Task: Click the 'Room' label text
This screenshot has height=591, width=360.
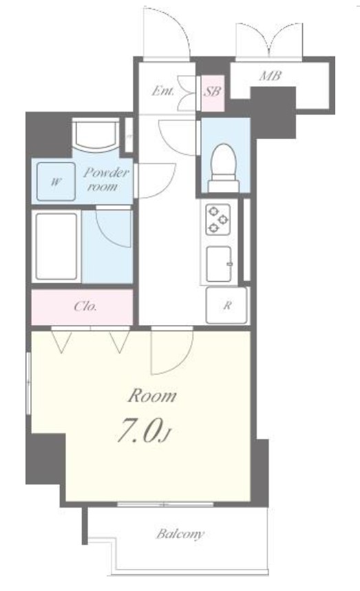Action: pos(152,397)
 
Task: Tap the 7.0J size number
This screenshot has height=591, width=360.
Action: pos(144,430)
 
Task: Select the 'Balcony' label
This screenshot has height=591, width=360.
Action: pos(180,534)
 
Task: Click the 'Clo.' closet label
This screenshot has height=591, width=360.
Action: pos(85,306)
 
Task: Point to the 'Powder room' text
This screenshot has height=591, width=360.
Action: pos(106,179)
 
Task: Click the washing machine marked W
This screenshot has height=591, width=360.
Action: pos(56,182)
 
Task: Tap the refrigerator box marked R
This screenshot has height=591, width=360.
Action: pos(226,305)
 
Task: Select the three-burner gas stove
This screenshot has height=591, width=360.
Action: pos(218,219)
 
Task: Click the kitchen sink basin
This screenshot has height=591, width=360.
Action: pos(219,263)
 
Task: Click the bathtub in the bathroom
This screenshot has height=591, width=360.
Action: pos(56,247)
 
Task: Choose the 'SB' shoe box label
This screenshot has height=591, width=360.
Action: pos(213,91)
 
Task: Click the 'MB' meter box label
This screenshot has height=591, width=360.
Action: pos(270,76)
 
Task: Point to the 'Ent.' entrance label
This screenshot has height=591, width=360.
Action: pos(163,91)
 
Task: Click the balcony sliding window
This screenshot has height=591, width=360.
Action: pos(165,504)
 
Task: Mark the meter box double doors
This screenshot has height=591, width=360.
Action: pos(269,41)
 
